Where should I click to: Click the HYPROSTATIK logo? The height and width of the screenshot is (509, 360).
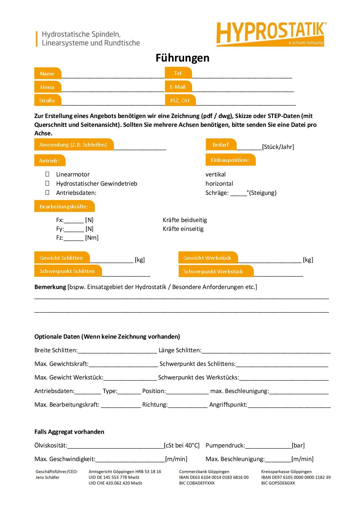point(271,34)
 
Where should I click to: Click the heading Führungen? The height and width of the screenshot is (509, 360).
point(182,58)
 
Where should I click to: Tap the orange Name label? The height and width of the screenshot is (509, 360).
point(47,73)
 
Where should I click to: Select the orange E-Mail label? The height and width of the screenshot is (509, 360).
point(178,87)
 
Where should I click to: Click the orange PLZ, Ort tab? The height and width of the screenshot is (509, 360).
point(180,100)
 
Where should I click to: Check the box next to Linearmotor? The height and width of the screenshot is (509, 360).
point(47,174)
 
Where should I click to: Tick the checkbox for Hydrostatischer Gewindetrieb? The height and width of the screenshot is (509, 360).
point(47,183)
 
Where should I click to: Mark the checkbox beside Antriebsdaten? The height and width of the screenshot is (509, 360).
point(47,192)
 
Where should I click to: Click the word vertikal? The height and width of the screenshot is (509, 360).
point(215,174)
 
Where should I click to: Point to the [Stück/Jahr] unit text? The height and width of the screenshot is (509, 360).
point(278,147)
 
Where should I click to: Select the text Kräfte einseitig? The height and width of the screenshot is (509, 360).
point(183,229)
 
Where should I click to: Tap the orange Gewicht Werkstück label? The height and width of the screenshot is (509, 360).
point(207,258)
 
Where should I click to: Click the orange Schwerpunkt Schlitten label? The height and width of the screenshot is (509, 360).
point(67,271)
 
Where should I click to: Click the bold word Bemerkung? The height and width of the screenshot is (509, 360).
point(50,287)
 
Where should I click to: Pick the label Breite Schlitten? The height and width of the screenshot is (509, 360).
point(56,350)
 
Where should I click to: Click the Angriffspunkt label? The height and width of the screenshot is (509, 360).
point(228,405)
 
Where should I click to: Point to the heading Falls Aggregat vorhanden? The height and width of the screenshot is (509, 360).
point(69,432)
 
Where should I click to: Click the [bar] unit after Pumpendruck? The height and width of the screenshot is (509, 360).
point(298,445)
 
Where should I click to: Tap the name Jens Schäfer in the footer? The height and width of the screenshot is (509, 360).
point(47,477)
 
